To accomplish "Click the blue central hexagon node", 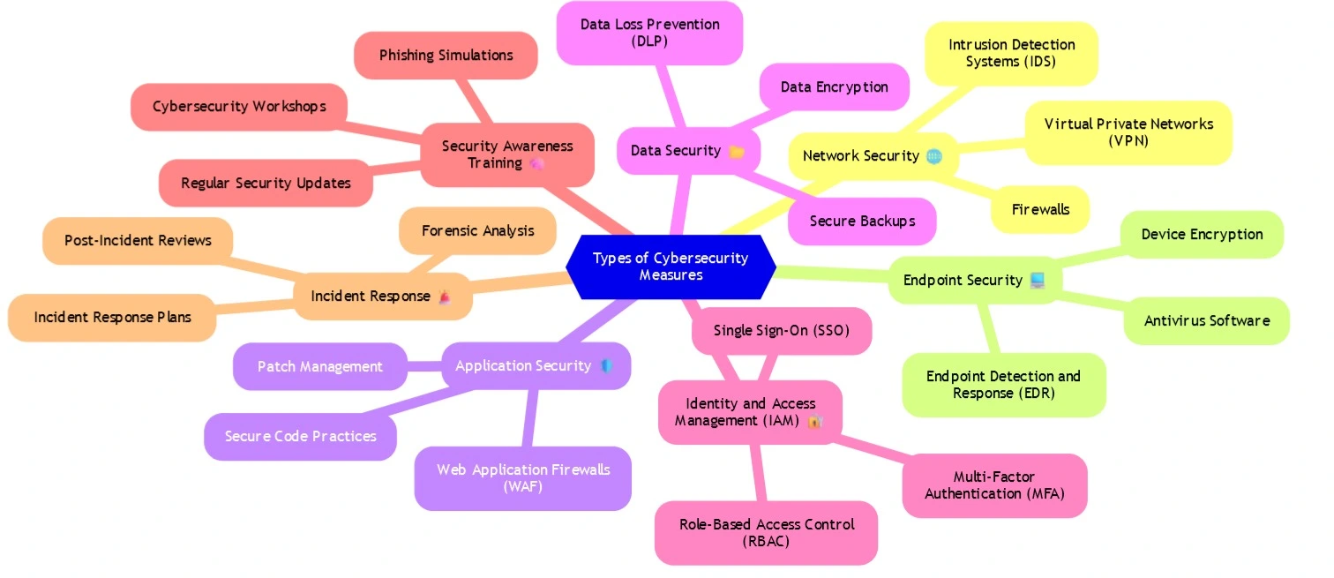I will point(671,266).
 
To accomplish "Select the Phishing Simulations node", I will point(446,56).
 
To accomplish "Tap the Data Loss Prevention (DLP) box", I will point(649,33).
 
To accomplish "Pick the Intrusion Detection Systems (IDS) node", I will point(1011,53).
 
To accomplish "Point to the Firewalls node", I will point(1040,210).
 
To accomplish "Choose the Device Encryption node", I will point(1202,235).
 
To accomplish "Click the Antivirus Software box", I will point(1206,321).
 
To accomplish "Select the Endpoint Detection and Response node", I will point(1003,385).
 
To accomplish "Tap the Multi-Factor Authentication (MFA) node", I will point(994,485).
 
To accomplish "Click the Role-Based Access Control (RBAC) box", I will point(766,533).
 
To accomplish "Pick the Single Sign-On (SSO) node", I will point(781,331).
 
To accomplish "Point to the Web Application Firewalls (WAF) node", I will point(522,478).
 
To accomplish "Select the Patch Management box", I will point(319,366).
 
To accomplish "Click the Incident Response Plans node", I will point(112,317).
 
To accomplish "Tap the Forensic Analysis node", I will point(477,231).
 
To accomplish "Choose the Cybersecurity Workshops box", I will point(238,107).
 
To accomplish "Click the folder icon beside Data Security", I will point(737,152).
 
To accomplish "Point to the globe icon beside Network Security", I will point(934,156).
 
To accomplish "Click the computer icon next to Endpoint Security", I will point(1037,281).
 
